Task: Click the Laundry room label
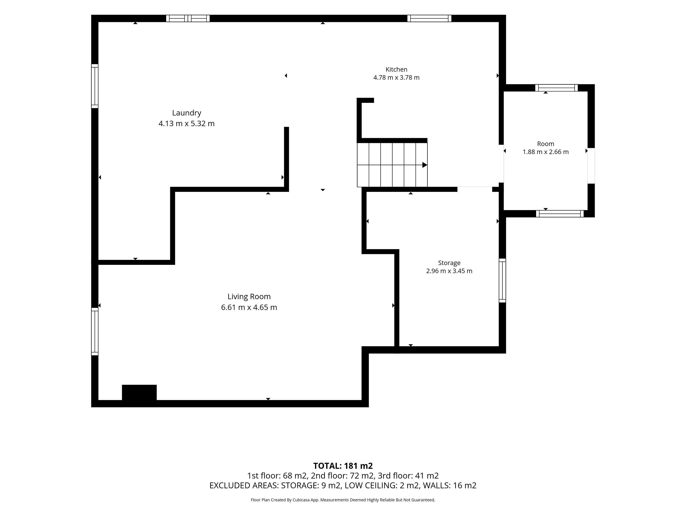[187, 113]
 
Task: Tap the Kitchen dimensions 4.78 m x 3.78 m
[396, 77]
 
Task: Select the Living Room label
[249, 296]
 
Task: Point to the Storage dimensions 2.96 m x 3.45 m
[449, 271]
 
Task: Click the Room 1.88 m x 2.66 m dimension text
[546, 152]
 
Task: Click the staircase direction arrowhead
[425, 165]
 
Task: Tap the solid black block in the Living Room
[139, 392]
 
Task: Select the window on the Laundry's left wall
[95, 86]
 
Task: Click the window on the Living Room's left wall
[95, 331]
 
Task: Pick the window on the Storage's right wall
[502, 280]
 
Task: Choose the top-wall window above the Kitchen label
[429, 18]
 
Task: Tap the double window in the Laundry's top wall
[188, 18]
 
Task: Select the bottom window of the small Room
[560, 213]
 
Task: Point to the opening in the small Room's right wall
[591, 166]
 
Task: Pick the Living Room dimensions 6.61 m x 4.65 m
[249, 307]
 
